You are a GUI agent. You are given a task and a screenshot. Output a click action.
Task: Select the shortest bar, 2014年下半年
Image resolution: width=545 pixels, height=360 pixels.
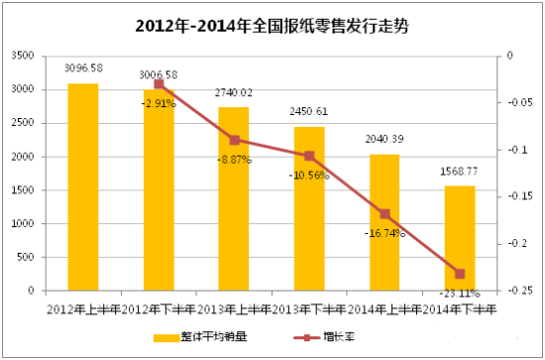(x=460, y=238)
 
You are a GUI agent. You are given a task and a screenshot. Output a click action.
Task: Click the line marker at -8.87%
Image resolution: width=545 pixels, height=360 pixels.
(x=234, y=140)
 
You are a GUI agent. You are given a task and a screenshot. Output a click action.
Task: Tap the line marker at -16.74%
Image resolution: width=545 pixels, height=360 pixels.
(x=384, y=214)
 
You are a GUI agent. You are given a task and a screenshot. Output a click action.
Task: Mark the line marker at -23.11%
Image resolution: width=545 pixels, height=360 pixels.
(x=460, y=274)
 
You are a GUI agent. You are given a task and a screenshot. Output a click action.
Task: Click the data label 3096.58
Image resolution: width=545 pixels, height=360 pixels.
(x=83, y=69)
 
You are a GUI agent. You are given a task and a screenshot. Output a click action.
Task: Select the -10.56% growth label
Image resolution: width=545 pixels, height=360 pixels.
(x=309, y=176)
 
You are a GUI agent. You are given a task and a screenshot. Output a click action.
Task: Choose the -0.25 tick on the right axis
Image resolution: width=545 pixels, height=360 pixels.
(x=513, y=291)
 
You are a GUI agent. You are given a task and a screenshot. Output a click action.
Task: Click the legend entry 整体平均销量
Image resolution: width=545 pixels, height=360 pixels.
(x=203, y=338)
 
